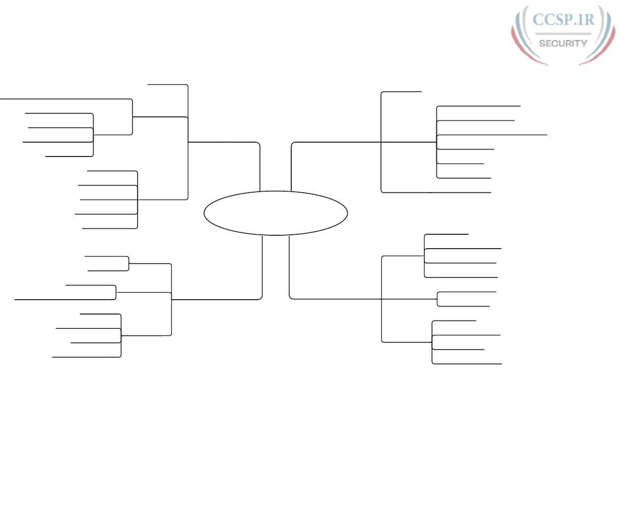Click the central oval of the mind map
pos(275,213)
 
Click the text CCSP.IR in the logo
pos(563,19)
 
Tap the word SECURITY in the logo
pos(563,43)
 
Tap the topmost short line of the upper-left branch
pos(167,85)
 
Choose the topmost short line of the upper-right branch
pos(401,92)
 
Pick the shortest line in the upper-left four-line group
pos(69,157)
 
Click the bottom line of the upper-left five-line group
pos(109,228)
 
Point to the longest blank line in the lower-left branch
pos(65,300)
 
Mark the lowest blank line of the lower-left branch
pos(87,357)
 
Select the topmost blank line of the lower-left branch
pos(106,257)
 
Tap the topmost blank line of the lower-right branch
pos(446,234)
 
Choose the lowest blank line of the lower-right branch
pos(467,364)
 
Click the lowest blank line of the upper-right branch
pos(436,192)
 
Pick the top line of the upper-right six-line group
pos(478,106)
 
